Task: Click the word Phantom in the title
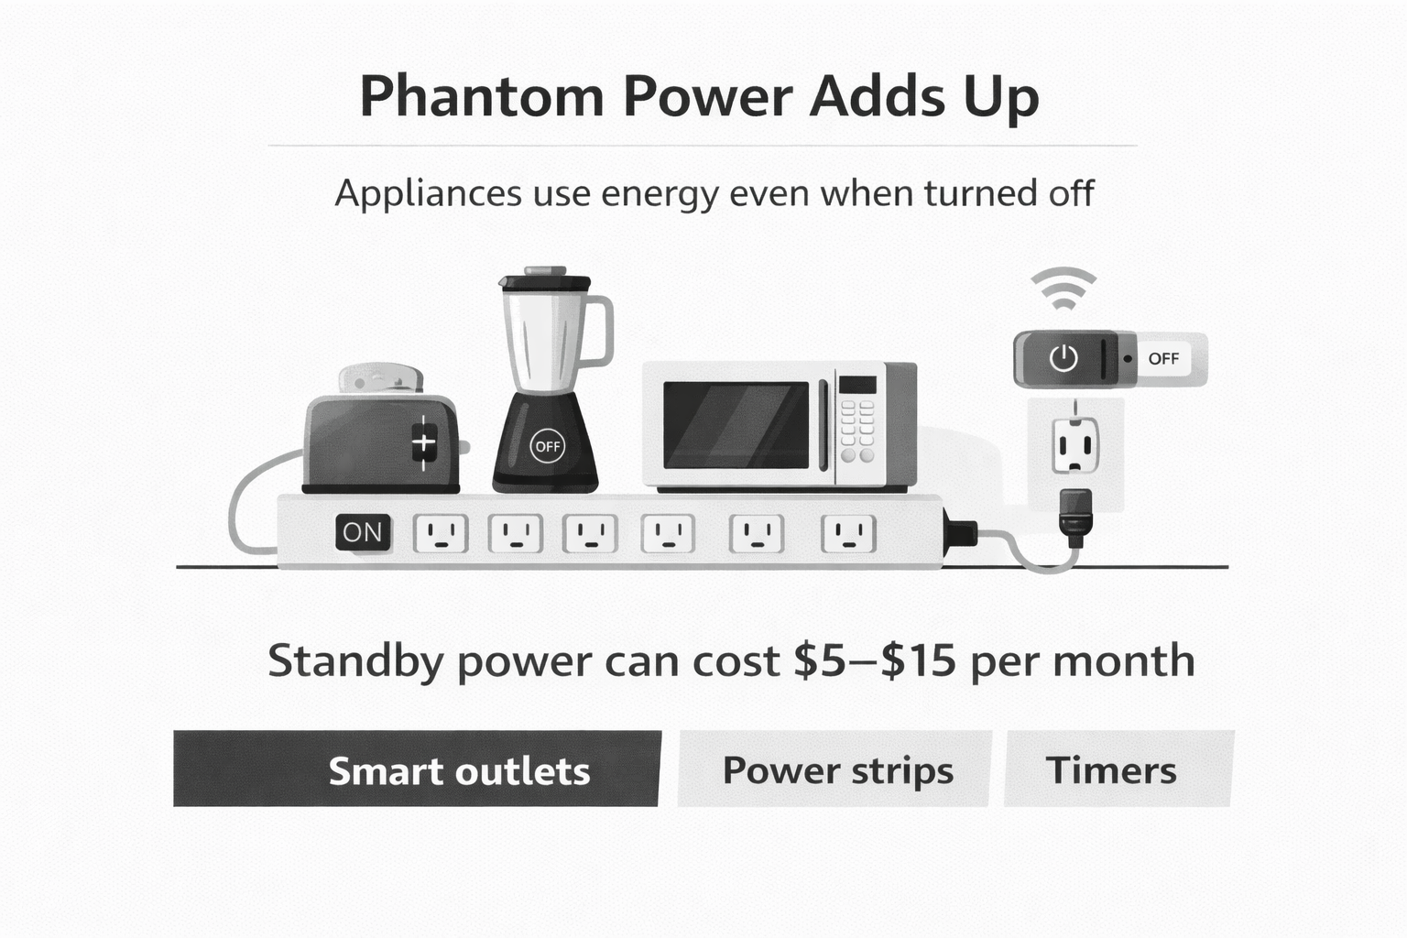pos(481,97)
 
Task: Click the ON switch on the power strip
pos(363,532)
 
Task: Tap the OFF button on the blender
pos(548,446)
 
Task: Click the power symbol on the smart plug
pos(1063,358)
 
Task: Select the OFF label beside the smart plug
pos(1163,358)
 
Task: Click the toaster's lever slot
pos(423,443)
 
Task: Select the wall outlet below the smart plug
pos(1074,446)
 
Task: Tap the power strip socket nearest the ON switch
pos(441,533)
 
